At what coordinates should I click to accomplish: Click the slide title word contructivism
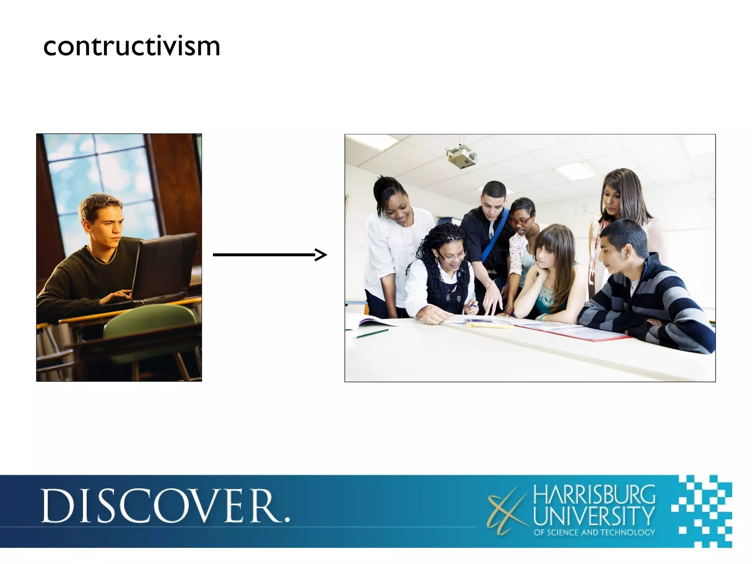pyautogui.click(x=131, y=47)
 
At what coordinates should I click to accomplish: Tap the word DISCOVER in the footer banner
pyautogui.click(x=165, y=506)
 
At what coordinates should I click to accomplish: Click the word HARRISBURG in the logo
pyautogui.click(x=594, y=495)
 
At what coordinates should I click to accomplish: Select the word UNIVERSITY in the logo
pyautogui.click(x=594, y=516)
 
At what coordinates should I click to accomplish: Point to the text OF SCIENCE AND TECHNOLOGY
pyautogui.click(x=594, y=532)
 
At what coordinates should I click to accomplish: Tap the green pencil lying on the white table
pyautogui.click(x=372, y=333)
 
